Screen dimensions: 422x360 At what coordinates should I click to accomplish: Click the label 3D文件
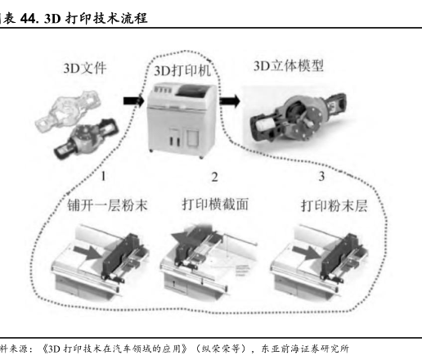(x=85, y=68)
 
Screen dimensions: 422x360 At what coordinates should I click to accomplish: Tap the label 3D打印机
(x=182, y=70)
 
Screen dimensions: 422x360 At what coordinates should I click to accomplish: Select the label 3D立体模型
(x=289, y=65)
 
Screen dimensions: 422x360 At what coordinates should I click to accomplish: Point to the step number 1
(x=103, y=176)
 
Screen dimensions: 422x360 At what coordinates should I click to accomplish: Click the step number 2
(x=214, y=177)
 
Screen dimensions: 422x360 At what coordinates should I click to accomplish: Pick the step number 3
(x=321, y=176)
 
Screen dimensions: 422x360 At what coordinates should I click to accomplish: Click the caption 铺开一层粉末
(x=107, y=205)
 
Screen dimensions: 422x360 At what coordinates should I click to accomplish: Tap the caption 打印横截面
(x=215, y=205)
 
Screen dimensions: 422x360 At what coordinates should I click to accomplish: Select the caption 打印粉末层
(x=334, y=205)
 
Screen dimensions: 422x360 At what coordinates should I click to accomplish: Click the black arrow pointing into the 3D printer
(x=133, y=101)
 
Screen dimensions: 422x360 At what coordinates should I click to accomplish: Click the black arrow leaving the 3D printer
(x=230, y=101)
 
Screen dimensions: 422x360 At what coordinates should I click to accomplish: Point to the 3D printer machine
(x=182, y=120)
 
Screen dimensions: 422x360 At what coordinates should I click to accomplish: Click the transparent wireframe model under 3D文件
(x=68, y=111)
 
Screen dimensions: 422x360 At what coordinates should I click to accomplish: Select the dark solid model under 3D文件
(x=87, y=138)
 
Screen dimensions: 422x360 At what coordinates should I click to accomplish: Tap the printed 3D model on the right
(x=299, y=118)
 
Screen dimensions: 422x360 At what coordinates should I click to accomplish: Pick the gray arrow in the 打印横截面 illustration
(x=186, y=238)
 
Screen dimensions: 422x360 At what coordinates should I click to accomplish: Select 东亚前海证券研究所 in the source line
(x=305, y=349)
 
